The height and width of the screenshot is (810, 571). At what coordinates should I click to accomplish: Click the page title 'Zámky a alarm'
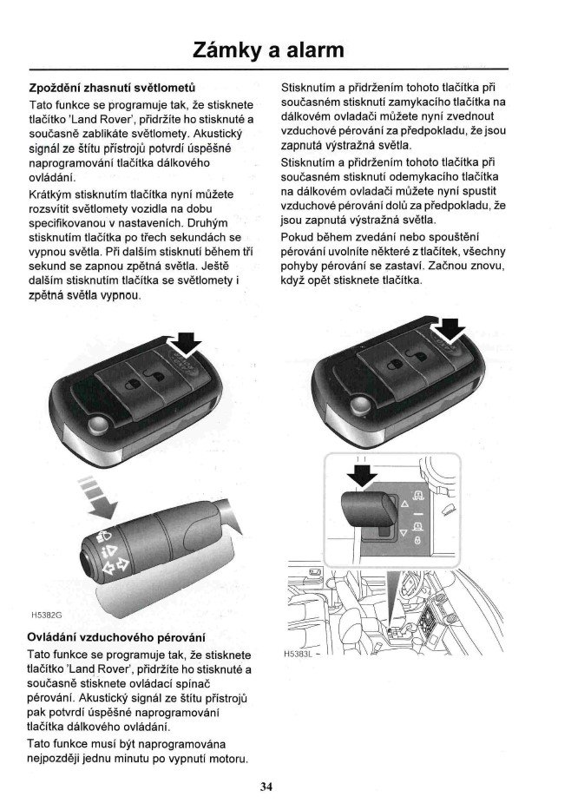[268, 49]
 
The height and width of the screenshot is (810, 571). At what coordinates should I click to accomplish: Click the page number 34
[266, 787]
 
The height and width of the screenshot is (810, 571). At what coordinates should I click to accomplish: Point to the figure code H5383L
[298, 652]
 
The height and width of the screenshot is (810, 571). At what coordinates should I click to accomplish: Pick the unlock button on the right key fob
[419, 359]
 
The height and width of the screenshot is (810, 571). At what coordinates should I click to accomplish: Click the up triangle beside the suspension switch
[403, 505]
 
